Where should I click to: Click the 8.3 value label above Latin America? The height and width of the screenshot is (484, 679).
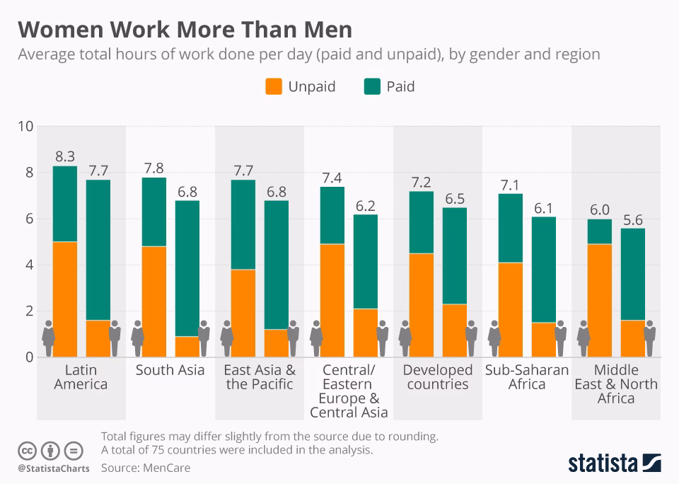[x=65, y=156]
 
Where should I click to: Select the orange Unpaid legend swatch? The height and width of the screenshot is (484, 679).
[x=274, y=87]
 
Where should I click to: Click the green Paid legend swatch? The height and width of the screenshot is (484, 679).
[x=372, y=87]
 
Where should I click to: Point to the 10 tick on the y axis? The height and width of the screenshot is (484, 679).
[x=25, y=127]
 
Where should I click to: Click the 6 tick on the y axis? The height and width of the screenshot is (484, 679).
[x=29, y=219]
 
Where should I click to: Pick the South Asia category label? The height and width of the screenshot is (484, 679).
[x=170, y=370]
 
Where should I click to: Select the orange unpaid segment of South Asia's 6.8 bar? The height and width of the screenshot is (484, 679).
[x=187, y=347]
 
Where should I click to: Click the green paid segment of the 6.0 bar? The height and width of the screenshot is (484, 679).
[x=600, y=231]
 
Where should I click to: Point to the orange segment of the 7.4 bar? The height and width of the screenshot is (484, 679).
[x=332, y=300]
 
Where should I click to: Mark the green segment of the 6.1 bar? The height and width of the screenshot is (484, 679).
[x=544, y=270]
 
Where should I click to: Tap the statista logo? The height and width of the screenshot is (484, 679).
[x=614, y=463]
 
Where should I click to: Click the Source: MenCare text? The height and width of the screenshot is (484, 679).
[x=146, y=468]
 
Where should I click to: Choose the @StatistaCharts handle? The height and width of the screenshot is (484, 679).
[x=53, y=468]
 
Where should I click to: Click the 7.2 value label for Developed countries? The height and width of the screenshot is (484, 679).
[x=422, y=181]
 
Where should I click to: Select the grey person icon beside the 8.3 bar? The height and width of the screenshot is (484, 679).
[x=48, y=338]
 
